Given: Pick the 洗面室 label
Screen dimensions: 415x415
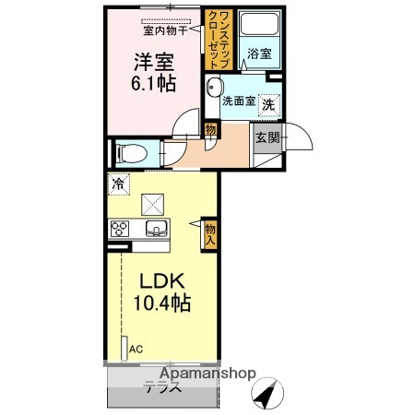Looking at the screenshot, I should tap(238, 101).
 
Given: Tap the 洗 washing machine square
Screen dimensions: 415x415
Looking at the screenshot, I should tap(269, 104).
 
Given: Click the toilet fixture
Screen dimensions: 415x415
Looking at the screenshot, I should tap(127, 152).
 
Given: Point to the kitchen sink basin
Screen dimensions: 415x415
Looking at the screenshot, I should tap(154, 228).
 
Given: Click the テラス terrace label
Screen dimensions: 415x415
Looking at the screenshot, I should tap(160, 387).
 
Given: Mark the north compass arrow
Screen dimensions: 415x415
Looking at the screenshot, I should tap(267, 397).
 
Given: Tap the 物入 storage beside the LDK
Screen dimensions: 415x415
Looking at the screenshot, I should tap(210, 232).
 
